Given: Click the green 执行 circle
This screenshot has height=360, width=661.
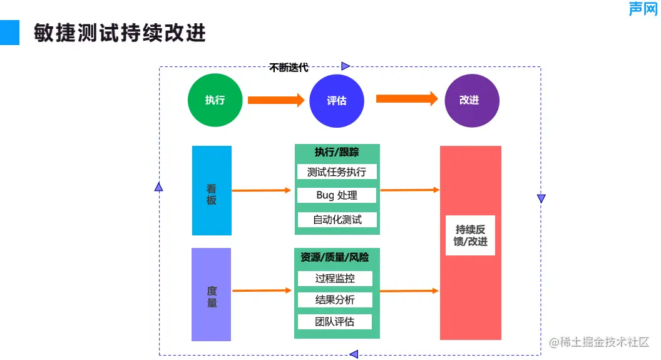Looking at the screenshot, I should click(215, 100).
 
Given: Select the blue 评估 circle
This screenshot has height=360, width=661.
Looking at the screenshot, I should click(337, 100).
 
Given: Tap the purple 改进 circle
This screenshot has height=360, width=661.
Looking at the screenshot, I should click(471, 100).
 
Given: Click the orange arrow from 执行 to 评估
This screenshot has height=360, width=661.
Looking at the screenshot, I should click(275, 100).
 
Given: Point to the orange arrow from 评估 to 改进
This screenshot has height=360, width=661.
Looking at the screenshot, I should click(406, 99).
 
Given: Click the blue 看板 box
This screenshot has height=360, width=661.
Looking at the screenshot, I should click(212, 190).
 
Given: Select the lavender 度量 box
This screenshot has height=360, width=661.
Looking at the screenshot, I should click(212, 294).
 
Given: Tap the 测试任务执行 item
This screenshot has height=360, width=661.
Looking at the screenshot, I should click(337, 172).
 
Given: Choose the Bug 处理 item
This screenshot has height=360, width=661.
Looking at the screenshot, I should click(337, 195).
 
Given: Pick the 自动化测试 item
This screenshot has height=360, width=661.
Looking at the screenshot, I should click(337, 220).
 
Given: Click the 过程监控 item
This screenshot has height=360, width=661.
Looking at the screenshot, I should click(335, 279).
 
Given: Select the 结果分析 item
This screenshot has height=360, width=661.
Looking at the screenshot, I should click(335, 300).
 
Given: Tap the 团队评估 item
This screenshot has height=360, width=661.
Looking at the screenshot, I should click(335, 322).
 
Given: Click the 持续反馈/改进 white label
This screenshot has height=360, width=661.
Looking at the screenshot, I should click(470, 235).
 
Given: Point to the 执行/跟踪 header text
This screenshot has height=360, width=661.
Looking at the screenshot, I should click(337, 152).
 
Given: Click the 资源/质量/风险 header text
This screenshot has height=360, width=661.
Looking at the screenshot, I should click(335, 257).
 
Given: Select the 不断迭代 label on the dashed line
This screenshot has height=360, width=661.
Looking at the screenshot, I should click(289, 68).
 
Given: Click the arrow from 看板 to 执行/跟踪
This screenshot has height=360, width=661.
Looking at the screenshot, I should click(262, 190).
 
